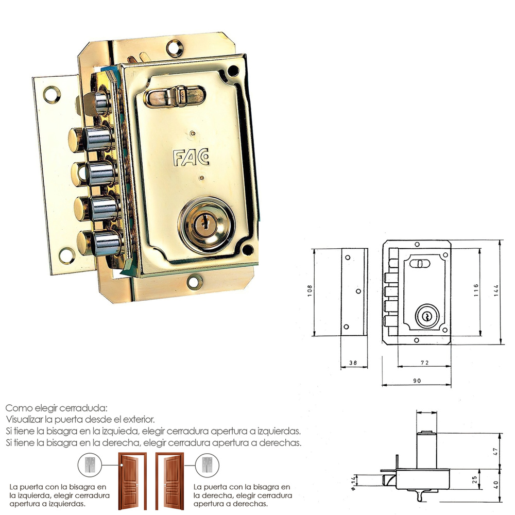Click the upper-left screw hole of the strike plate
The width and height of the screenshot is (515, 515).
(x=51, y=94)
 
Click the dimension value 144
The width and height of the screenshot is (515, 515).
(x=496, y=292)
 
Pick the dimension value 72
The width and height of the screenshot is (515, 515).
(x=424, y=363)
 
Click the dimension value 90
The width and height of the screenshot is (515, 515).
(x=417, y=381)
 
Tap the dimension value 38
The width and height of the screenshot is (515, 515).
(x=353, y=363)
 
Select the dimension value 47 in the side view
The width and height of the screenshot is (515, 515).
(x=495, y=451)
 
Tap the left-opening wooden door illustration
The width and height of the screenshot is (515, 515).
(x=128, y=480)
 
